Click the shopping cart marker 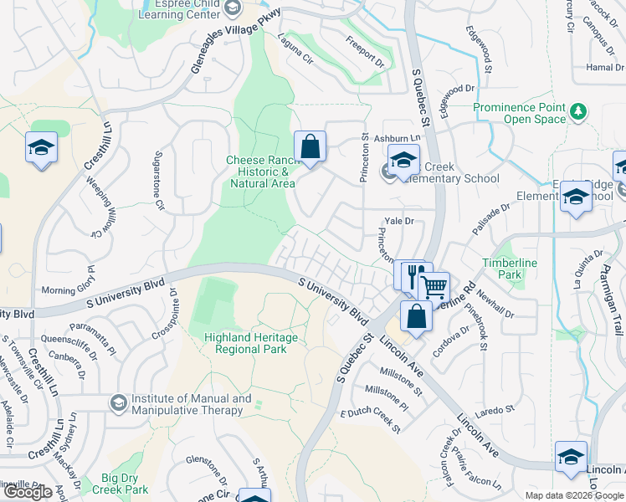434,287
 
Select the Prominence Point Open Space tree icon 577,110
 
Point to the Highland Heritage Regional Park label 246,343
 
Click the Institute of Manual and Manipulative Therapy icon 118,404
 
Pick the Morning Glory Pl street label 70,290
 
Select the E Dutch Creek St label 370,419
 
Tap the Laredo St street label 497,410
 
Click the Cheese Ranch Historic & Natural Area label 261,172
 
